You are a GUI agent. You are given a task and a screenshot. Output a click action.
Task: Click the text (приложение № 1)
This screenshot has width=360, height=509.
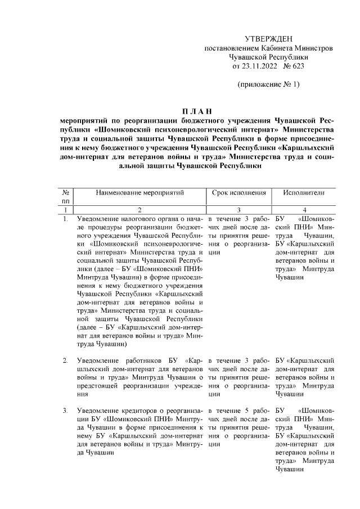pos(268,85)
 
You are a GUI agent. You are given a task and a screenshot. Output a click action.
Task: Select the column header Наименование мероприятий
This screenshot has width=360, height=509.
pos(140,192)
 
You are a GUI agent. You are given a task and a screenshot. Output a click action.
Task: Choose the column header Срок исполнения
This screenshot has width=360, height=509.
pos(238,192)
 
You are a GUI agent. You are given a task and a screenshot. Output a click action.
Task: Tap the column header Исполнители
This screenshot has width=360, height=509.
pos(304,192)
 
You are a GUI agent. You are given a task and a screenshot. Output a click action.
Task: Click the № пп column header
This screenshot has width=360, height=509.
pos(66,196)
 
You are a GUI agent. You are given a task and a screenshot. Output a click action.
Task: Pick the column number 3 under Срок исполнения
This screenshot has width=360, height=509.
pos(238,209)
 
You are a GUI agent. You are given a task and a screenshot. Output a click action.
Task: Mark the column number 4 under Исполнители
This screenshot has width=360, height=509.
pos(304,209)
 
